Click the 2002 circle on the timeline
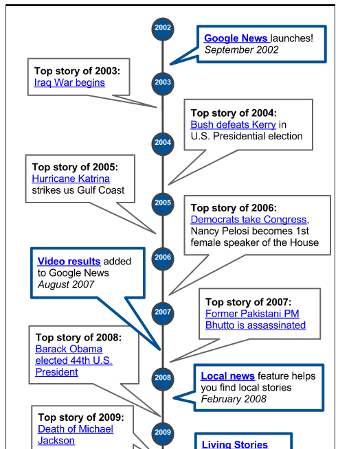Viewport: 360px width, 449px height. pos(163,29)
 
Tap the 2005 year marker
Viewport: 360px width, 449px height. pos(163,204)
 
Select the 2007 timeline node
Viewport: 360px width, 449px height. pos(163,313)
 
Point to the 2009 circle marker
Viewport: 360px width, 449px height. pos(163,433)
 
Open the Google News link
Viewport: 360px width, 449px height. pos(237,38)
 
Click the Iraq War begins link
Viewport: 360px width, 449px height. pos(69,82)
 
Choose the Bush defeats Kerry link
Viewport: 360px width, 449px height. pos(234,124)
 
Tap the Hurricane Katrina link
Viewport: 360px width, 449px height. pos(71,179)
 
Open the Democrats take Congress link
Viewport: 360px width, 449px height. pos(249,220)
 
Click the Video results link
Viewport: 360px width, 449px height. pos(69,262)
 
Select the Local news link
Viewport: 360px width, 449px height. pos(228,376)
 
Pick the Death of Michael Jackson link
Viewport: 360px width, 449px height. pos(76,435)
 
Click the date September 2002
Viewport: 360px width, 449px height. pos(241,50)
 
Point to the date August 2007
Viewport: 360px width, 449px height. pos(66,284)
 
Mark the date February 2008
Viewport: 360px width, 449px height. pos(234,399)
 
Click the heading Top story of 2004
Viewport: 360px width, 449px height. pos(234,113)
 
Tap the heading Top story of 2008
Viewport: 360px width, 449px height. pos(78,337)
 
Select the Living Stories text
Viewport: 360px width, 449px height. pos(235,444)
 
